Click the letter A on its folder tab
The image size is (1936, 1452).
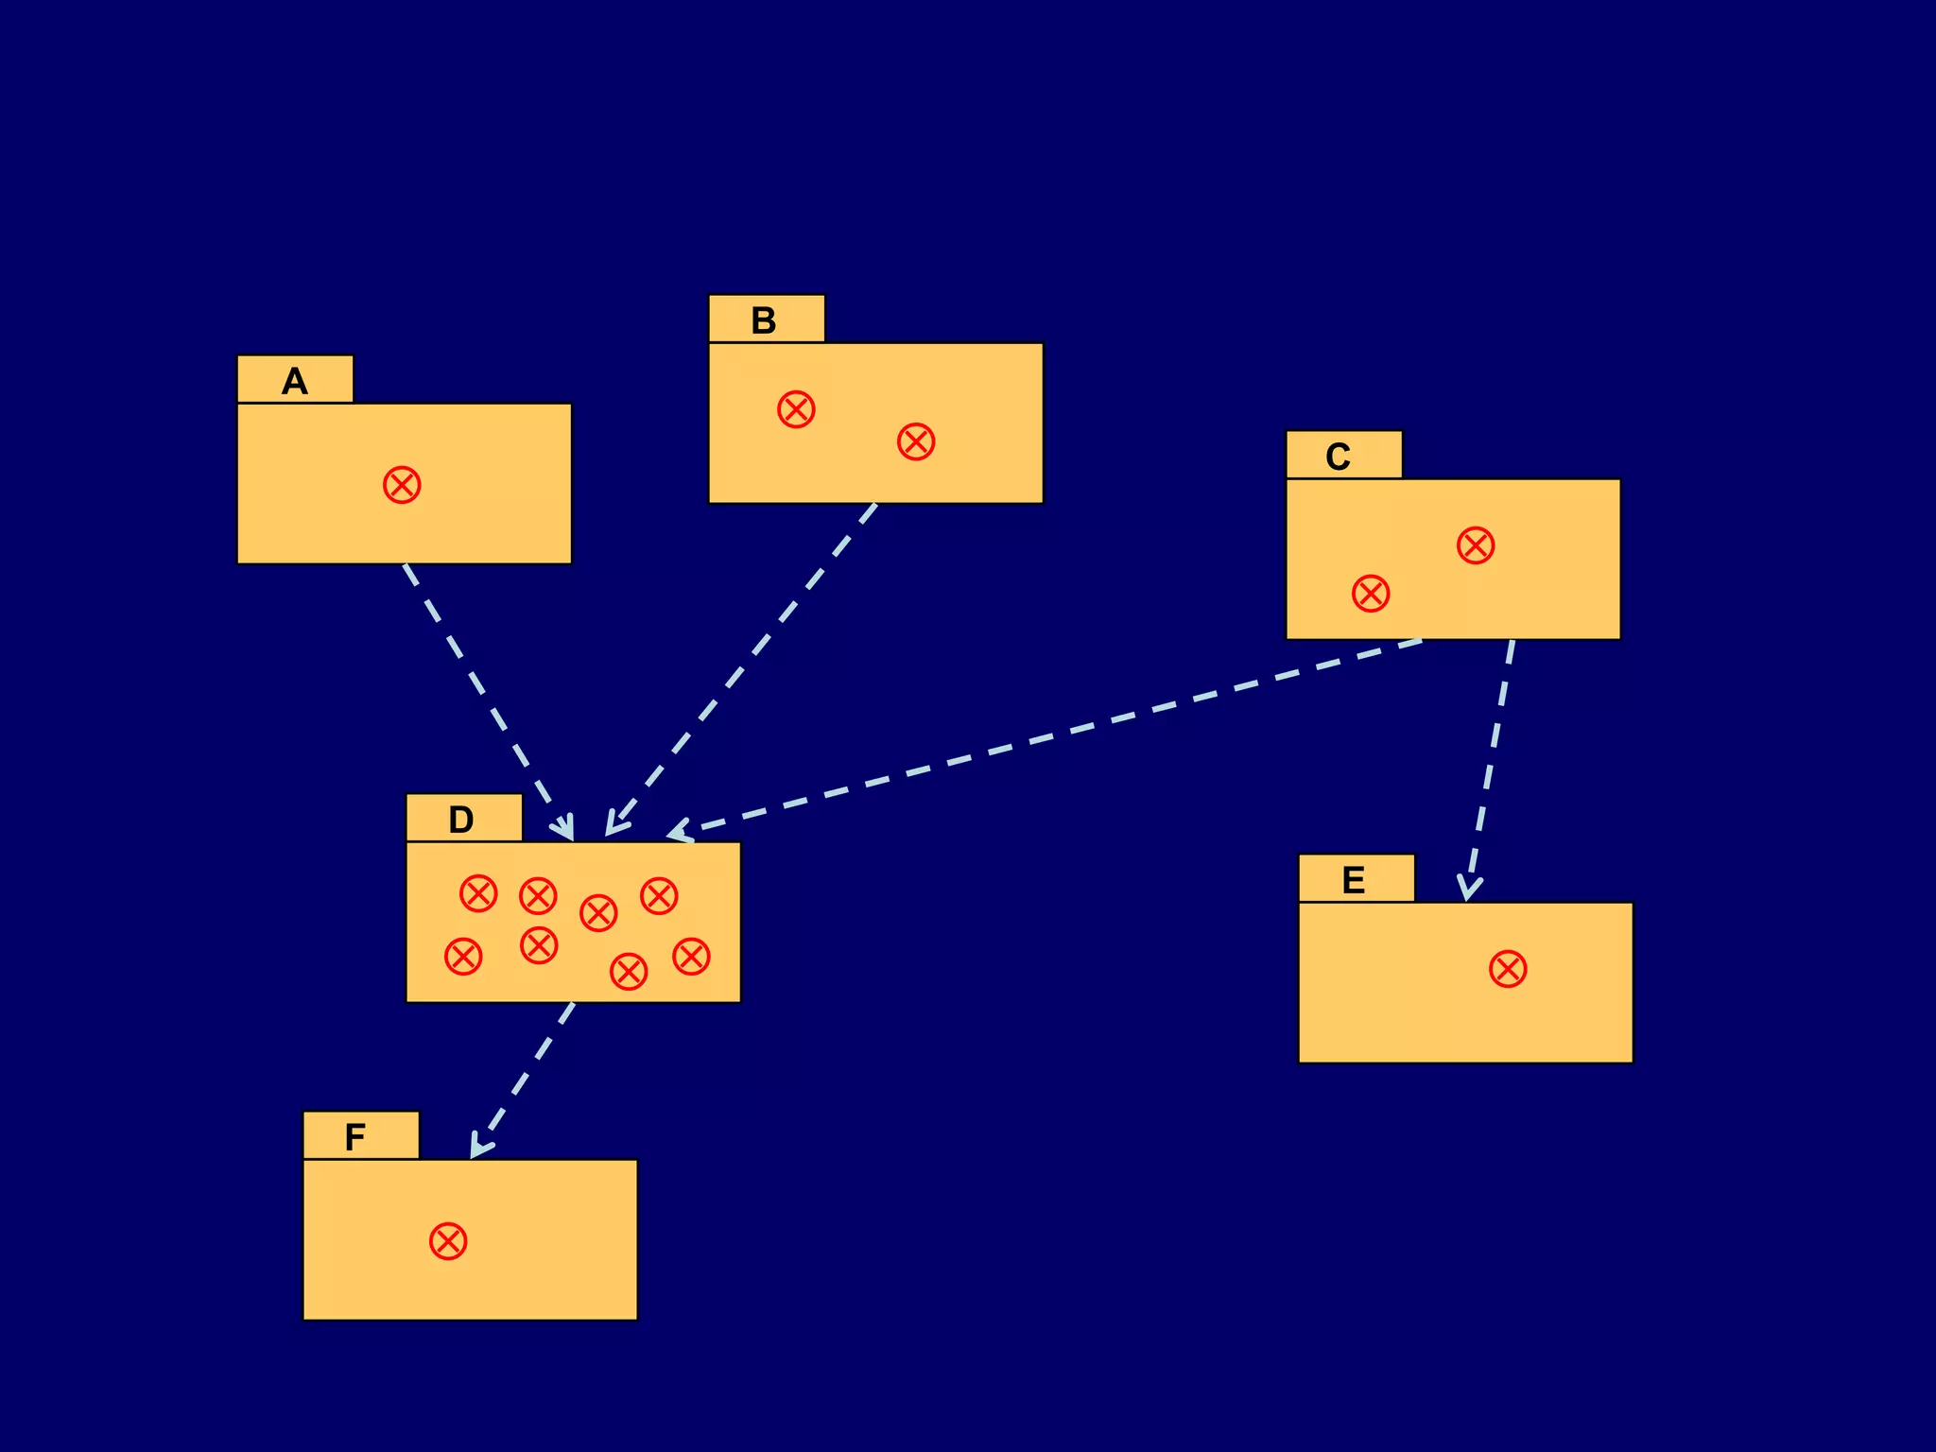pos(295,382)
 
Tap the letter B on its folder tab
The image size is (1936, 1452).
pos(764,321)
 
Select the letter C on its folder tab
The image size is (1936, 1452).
pos(1338,458)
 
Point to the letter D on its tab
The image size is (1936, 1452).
pos(460,820)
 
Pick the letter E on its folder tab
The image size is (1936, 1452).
pos(1354,880)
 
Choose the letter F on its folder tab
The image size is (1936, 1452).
pos(354,1137)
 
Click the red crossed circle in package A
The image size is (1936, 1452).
pos(402,485)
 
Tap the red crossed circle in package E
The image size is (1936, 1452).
pos(1508,969)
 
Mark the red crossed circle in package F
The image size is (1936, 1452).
pos(448,1241)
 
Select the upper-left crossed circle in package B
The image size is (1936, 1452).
pos(796,409)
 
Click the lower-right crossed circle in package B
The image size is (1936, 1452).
pos(916,441)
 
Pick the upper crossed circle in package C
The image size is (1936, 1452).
pos(1476,545)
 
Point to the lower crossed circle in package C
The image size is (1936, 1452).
pos(1371,594)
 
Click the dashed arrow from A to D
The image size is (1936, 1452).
pos(487,700)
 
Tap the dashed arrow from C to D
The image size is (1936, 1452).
pos(1049,735)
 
